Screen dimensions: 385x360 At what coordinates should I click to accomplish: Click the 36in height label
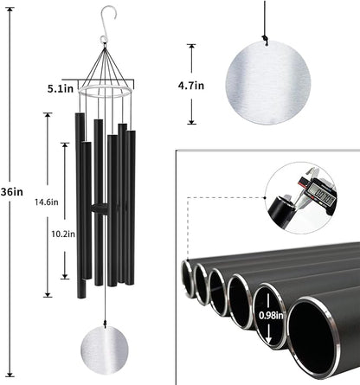(12, 192)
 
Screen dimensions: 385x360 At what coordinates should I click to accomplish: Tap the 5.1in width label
(59, 88)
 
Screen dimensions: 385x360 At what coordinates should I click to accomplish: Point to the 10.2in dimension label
(49, 234)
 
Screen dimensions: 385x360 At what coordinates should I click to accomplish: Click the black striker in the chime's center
(101, 209)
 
